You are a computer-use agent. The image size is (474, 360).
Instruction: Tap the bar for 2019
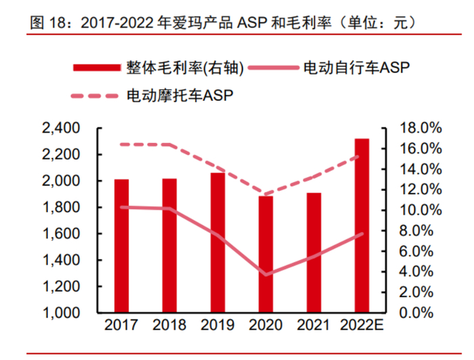click(x=217, y=243)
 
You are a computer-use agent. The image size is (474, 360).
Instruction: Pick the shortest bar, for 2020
click(x=265, y=254)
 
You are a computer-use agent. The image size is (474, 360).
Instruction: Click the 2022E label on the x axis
click(x=362, y=326)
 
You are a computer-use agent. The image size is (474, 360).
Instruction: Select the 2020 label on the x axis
click(x=265, y=326)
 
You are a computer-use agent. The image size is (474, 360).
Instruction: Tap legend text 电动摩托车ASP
click(x=180, y=95)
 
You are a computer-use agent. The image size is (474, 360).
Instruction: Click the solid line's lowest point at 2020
click(x=265, y=275)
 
